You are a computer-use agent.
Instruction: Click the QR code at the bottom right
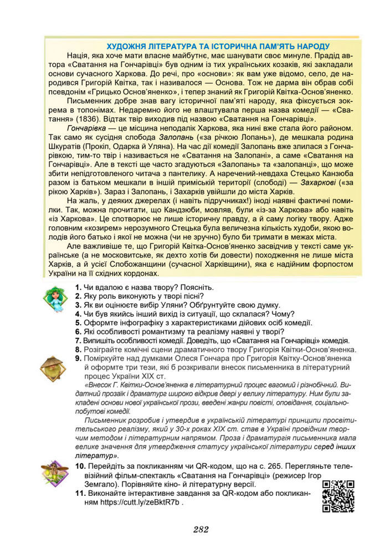(x=338, y=496)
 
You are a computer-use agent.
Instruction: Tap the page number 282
(x=201, y=530)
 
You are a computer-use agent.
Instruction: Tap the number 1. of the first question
(x=78, y=287)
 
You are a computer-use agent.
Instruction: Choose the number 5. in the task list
(x=78, y=323)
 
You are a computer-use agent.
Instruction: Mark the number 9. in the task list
(x=78, y=358)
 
